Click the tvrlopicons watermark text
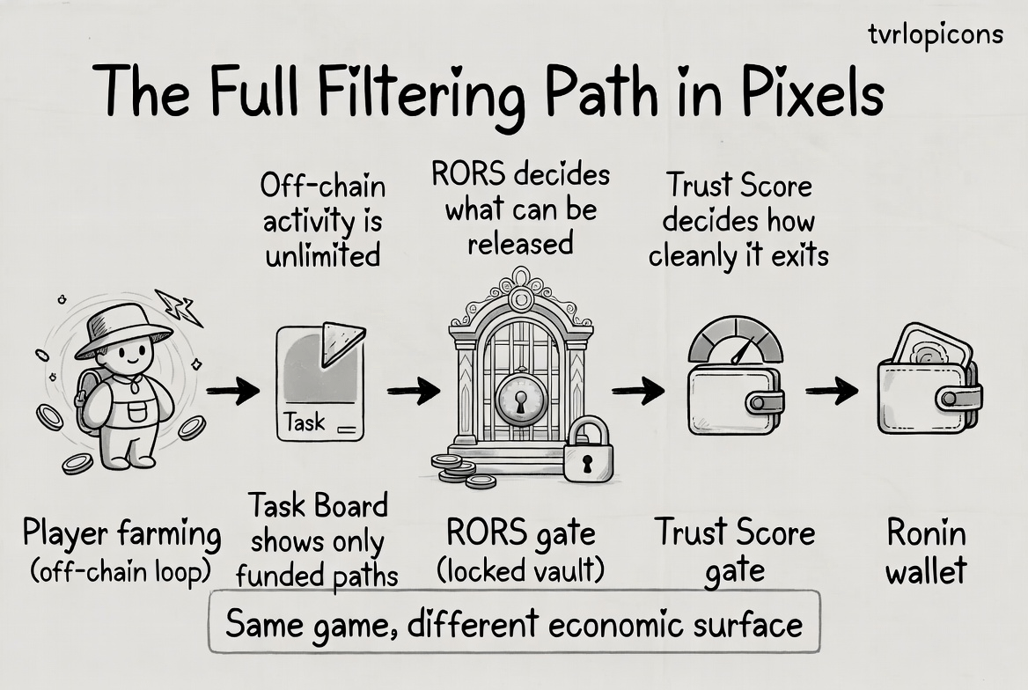(x=934, y=34)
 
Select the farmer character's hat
(x=122, y=329)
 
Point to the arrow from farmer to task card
(x=232, y=392)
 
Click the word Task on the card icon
(x=305, y=423)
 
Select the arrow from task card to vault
(x=413, y=391)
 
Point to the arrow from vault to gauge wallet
(x=638, y=391)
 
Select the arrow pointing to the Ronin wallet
(x=832, y=391)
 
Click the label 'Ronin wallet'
(x=926, y=552)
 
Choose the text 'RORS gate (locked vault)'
(x=521, y=552)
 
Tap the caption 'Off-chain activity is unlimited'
(x=322, y=220)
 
